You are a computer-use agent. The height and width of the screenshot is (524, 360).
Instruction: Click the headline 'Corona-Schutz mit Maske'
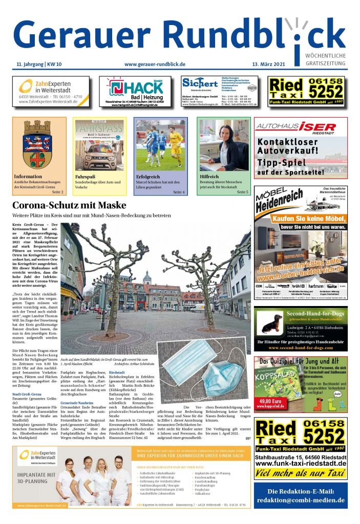tap(69, 206)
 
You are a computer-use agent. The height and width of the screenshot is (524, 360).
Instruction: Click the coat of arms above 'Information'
tap(39, 145)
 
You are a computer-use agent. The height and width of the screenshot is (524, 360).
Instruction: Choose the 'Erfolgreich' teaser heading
tap(148, 177)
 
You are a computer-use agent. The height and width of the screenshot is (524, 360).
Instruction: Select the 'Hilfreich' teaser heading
tap(209, 177)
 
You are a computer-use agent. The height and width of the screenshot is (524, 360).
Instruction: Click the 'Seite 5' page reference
tap(242, 192)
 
